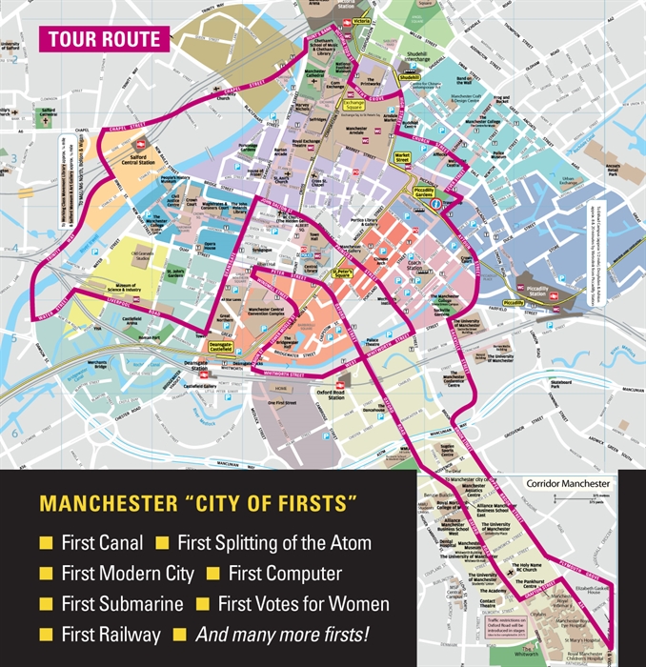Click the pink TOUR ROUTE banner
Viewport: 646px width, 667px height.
point(102,40)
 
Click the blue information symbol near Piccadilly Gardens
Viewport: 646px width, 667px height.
point(436,204)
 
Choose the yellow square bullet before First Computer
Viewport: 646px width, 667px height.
point(212,574)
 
